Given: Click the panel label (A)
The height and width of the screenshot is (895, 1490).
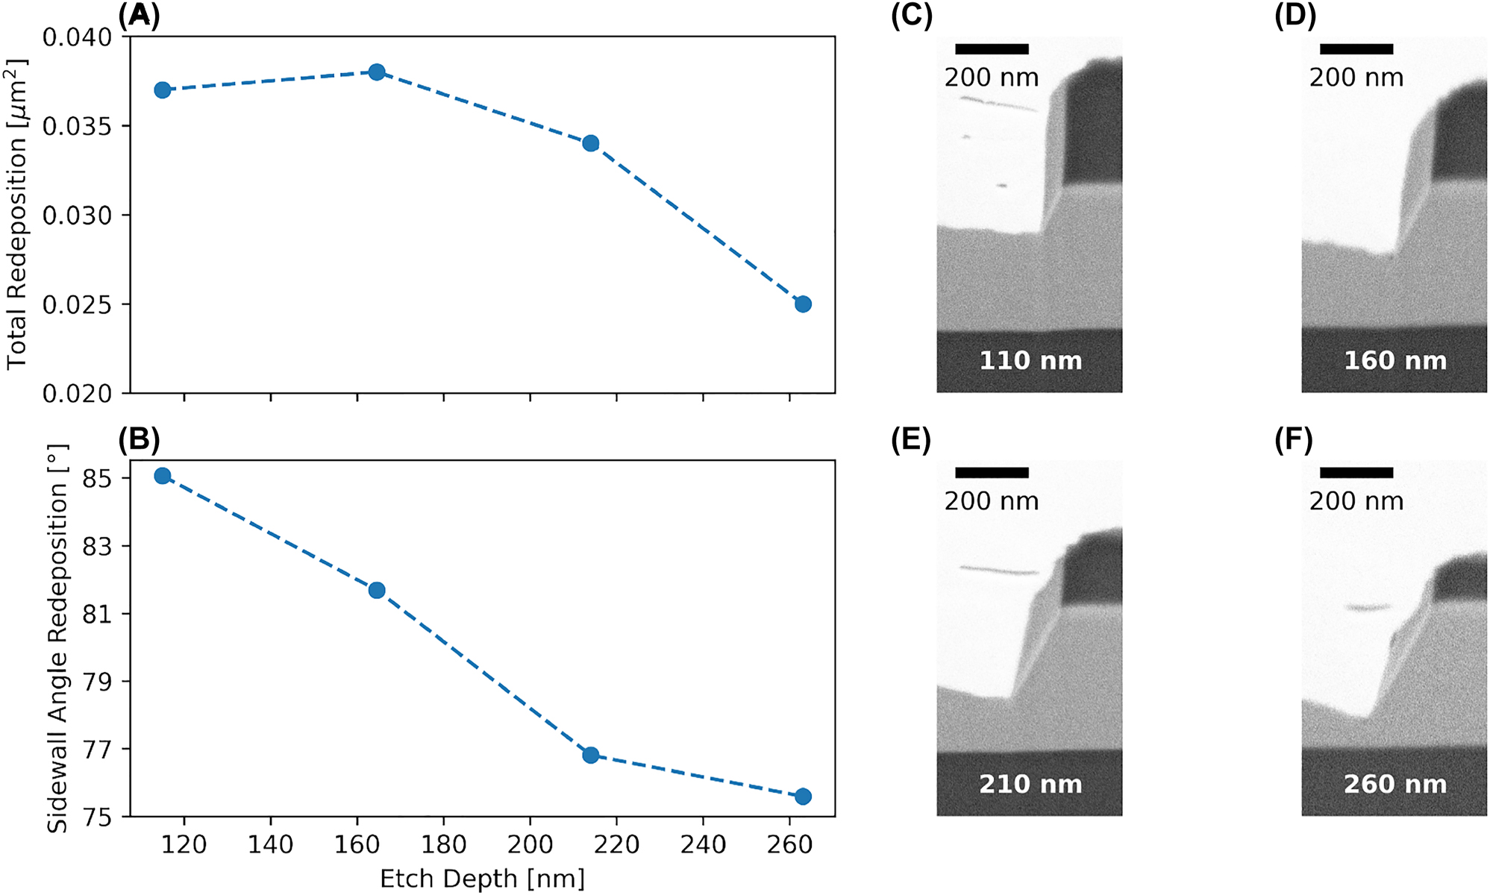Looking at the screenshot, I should (139, 16).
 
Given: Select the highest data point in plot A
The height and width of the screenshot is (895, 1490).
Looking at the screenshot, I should (377, 72).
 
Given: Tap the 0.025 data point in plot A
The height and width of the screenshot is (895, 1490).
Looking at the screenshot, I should (803, 304).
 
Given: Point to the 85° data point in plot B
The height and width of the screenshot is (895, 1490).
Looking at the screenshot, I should (163, 476).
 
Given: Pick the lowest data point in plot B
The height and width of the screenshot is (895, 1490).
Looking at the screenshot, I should (803, 797).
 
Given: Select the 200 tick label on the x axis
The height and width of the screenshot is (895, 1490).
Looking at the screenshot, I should (530, 845).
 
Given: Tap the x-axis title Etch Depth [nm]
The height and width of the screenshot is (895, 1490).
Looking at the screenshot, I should (482, 879).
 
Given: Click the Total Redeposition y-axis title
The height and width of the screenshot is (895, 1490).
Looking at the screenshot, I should (16, 215).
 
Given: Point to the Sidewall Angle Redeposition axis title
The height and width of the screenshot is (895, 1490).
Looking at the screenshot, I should (57, 638).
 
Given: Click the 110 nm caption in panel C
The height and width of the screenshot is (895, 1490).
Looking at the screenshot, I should (1030, 361).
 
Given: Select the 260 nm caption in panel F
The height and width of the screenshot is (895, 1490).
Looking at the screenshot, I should (1395, 785).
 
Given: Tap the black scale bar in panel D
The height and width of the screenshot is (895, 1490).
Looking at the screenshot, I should (1356, 49).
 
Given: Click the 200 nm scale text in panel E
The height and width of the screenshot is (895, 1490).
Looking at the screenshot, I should (992, 501).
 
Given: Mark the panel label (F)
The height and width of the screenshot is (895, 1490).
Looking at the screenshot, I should (1294, 440).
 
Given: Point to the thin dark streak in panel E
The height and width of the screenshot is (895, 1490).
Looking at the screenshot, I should (999, 571).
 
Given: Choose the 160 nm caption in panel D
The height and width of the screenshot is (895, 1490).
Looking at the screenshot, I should (1395, 361).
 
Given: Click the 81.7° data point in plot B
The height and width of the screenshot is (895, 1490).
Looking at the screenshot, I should (377, 591).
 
